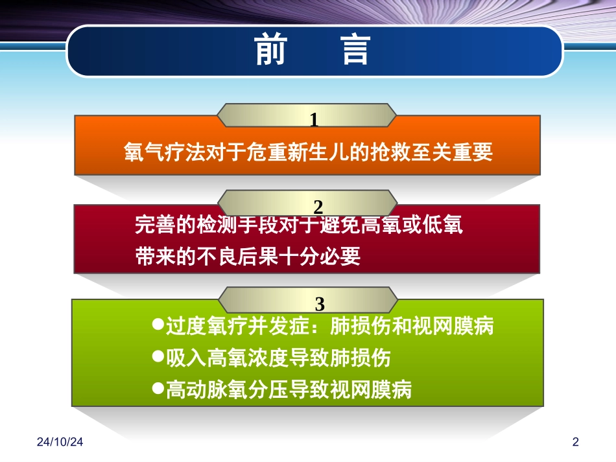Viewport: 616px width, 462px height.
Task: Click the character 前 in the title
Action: (270, 51)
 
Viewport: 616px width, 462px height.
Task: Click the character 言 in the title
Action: (355, 51)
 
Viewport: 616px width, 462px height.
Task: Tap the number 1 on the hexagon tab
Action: (314, 120)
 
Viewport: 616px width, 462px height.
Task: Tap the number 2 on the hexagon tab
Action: (318, 207)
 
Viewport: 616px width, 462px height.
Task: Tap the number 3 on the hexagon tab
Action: (319, 303)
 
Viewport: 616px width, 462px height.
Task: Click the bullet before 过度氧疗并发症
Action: (156, 324)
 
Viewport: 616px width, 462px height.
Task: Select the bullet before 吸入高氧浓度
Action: (156, 356)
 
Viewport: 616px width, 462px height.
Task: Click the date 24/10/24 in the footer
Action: (60, 443)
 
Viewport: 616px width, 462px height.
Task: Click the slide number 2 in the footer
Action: (575, 443)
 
